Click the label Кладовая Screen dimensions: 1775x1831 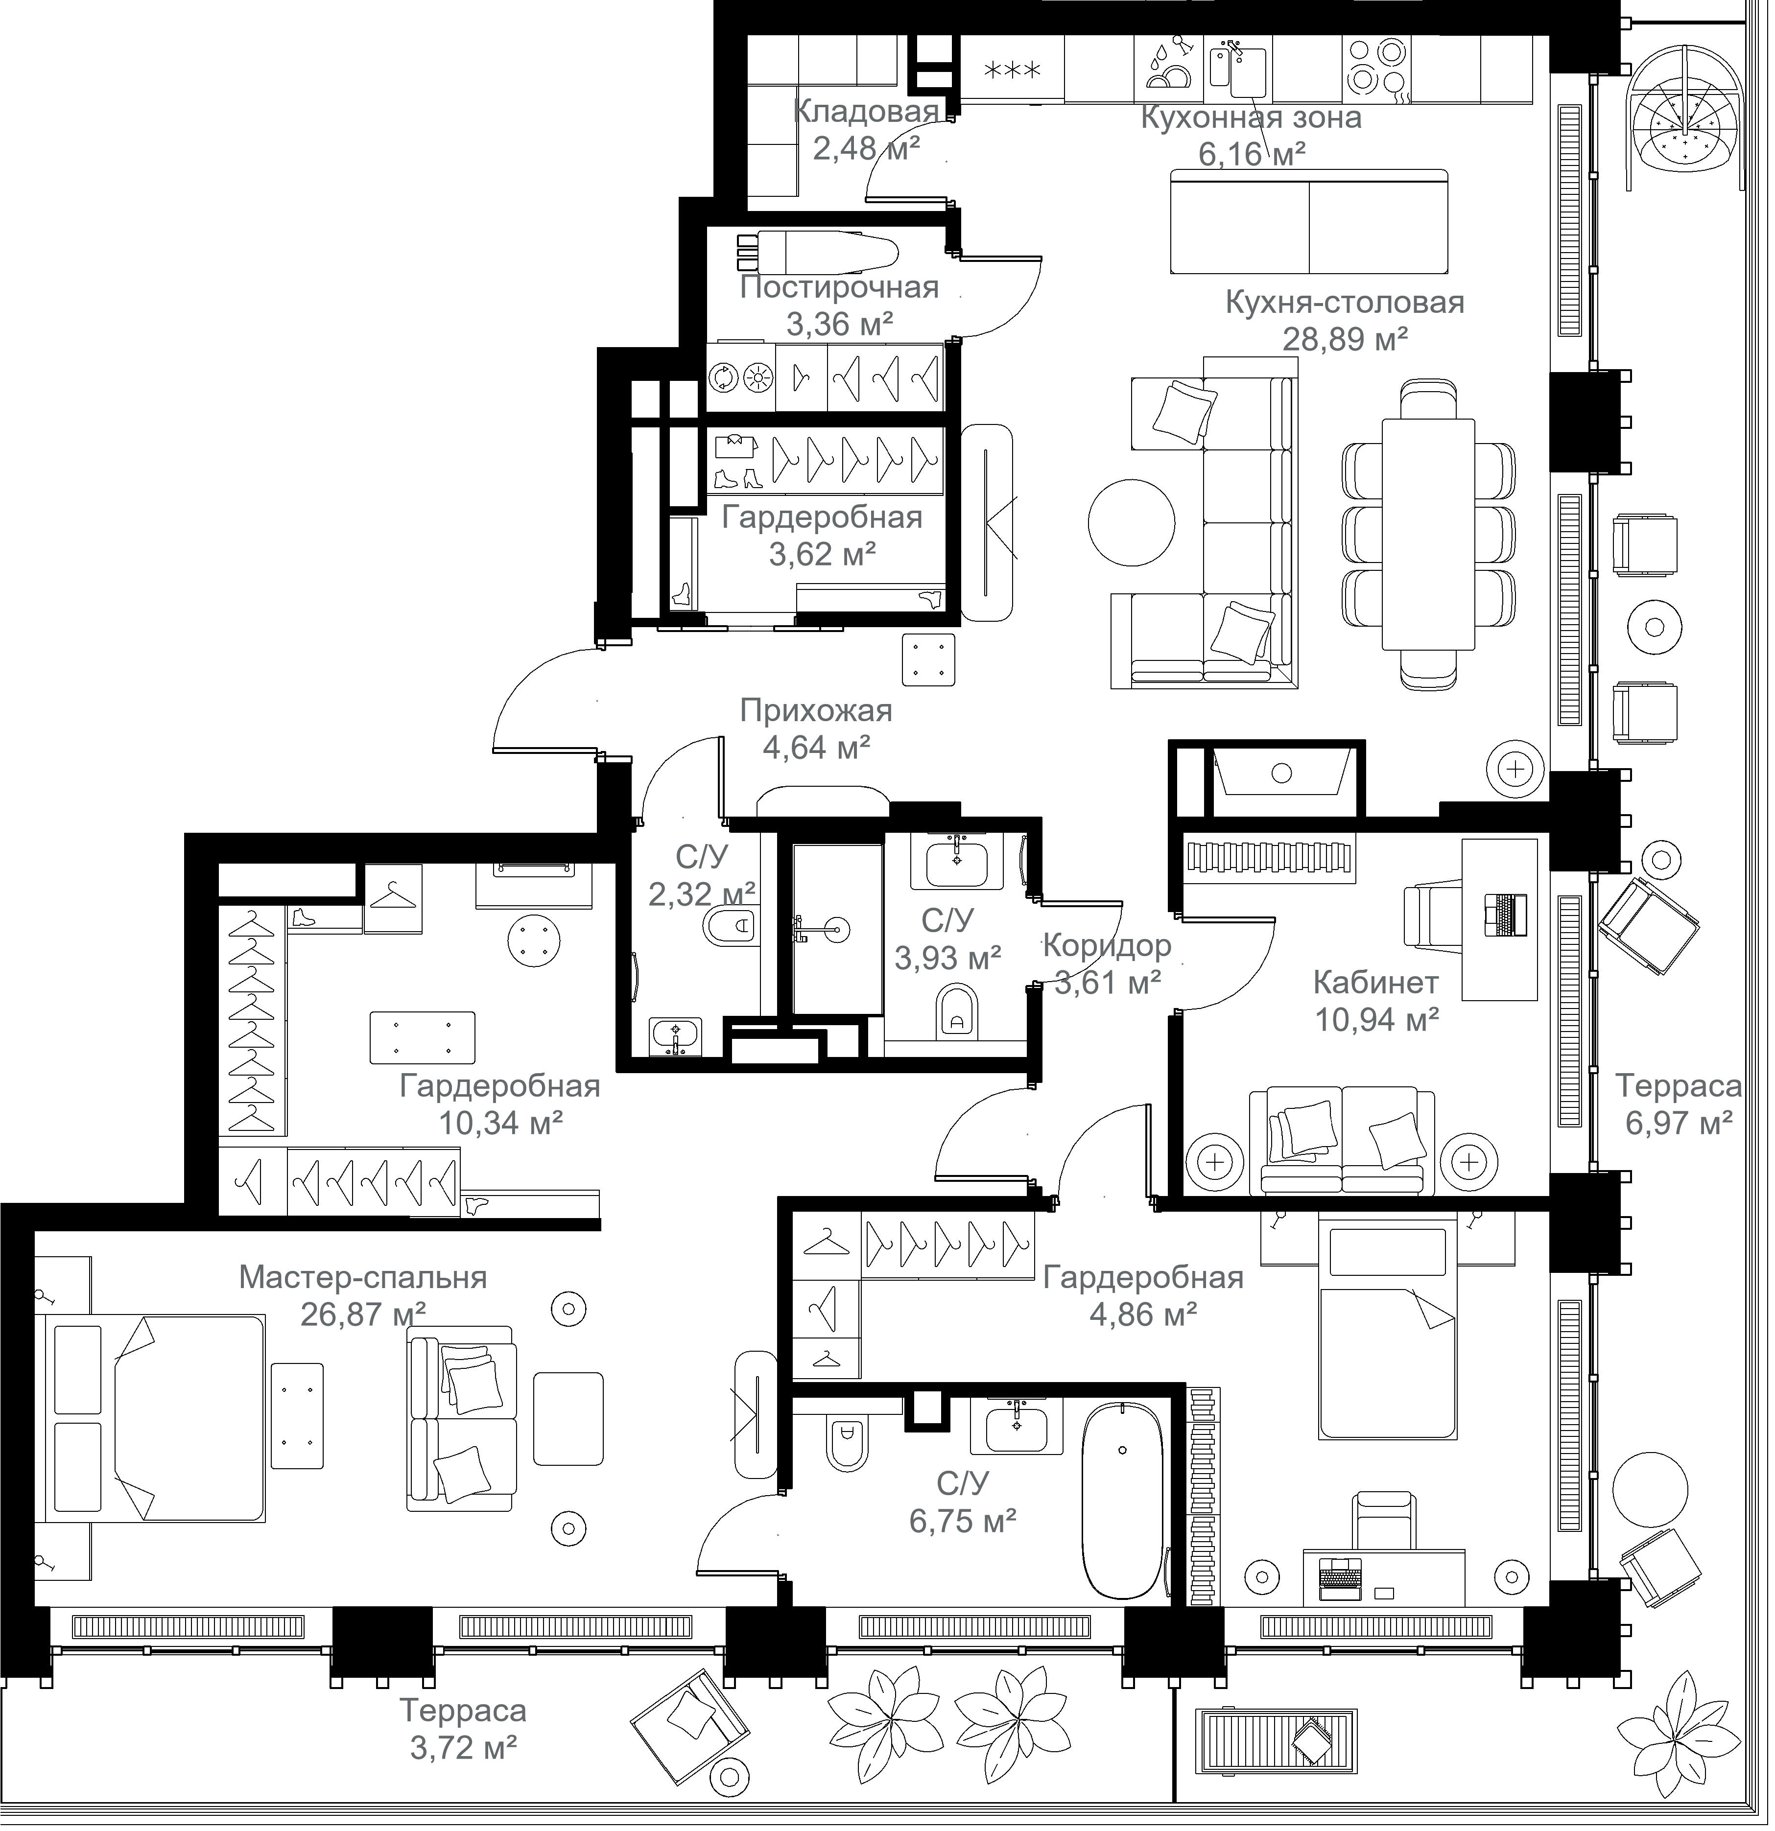pyautogui.click(x=866, y=112)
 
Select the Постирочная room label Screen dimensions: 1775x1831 pyautogui.click(x=839, y=288)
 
